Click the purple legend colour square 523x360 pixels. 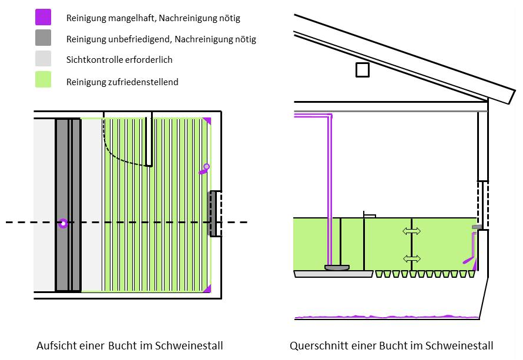pos(43,17)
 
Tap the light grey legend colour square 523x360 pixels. pos(43,59)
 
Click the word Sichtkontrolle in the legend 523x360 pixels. pos(95,60)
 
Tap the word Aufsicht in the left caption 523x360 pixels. pos(55,345)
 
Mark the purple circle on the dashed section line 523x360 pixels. pos(63,223)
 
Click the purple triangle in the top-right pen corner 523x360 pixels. pos(206,122)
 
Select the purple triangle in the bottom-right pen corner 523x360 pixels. pos(206,288)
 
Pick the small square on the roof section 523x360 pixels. pos(363,70)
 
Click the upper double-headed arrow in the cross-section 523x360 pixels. pos(411,231)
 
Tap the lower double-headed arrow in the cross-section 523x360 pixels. pos(411,258)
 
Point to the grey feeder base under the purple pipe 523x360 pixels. pos(337,268)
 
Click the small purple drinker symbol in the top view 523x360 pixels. pos(204,169)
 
